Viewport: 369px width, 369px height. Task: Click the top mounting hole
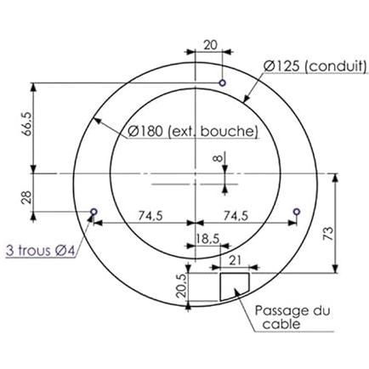[x=223, y=82]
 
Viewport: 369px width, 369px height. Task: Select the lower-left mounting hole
[x=94, y=212]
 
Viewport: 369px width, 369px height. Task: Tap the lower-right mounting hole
[x=297, y=212]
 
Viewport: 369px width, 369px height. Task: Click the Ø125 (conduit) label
[x=315, y=66]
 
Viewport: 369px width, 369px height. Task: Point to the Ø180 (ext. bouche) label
[x=193, y=131]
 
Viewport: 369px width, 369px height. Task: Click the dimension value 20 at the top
[x=210, y=45]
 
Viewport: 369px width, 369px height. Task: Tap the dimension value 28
[x=27, y=197]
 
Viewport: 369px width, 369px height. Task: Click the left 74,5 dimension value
[x=150, y=216]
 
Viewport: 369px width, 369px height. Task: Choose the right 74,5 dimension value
[x=236, y=216]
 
